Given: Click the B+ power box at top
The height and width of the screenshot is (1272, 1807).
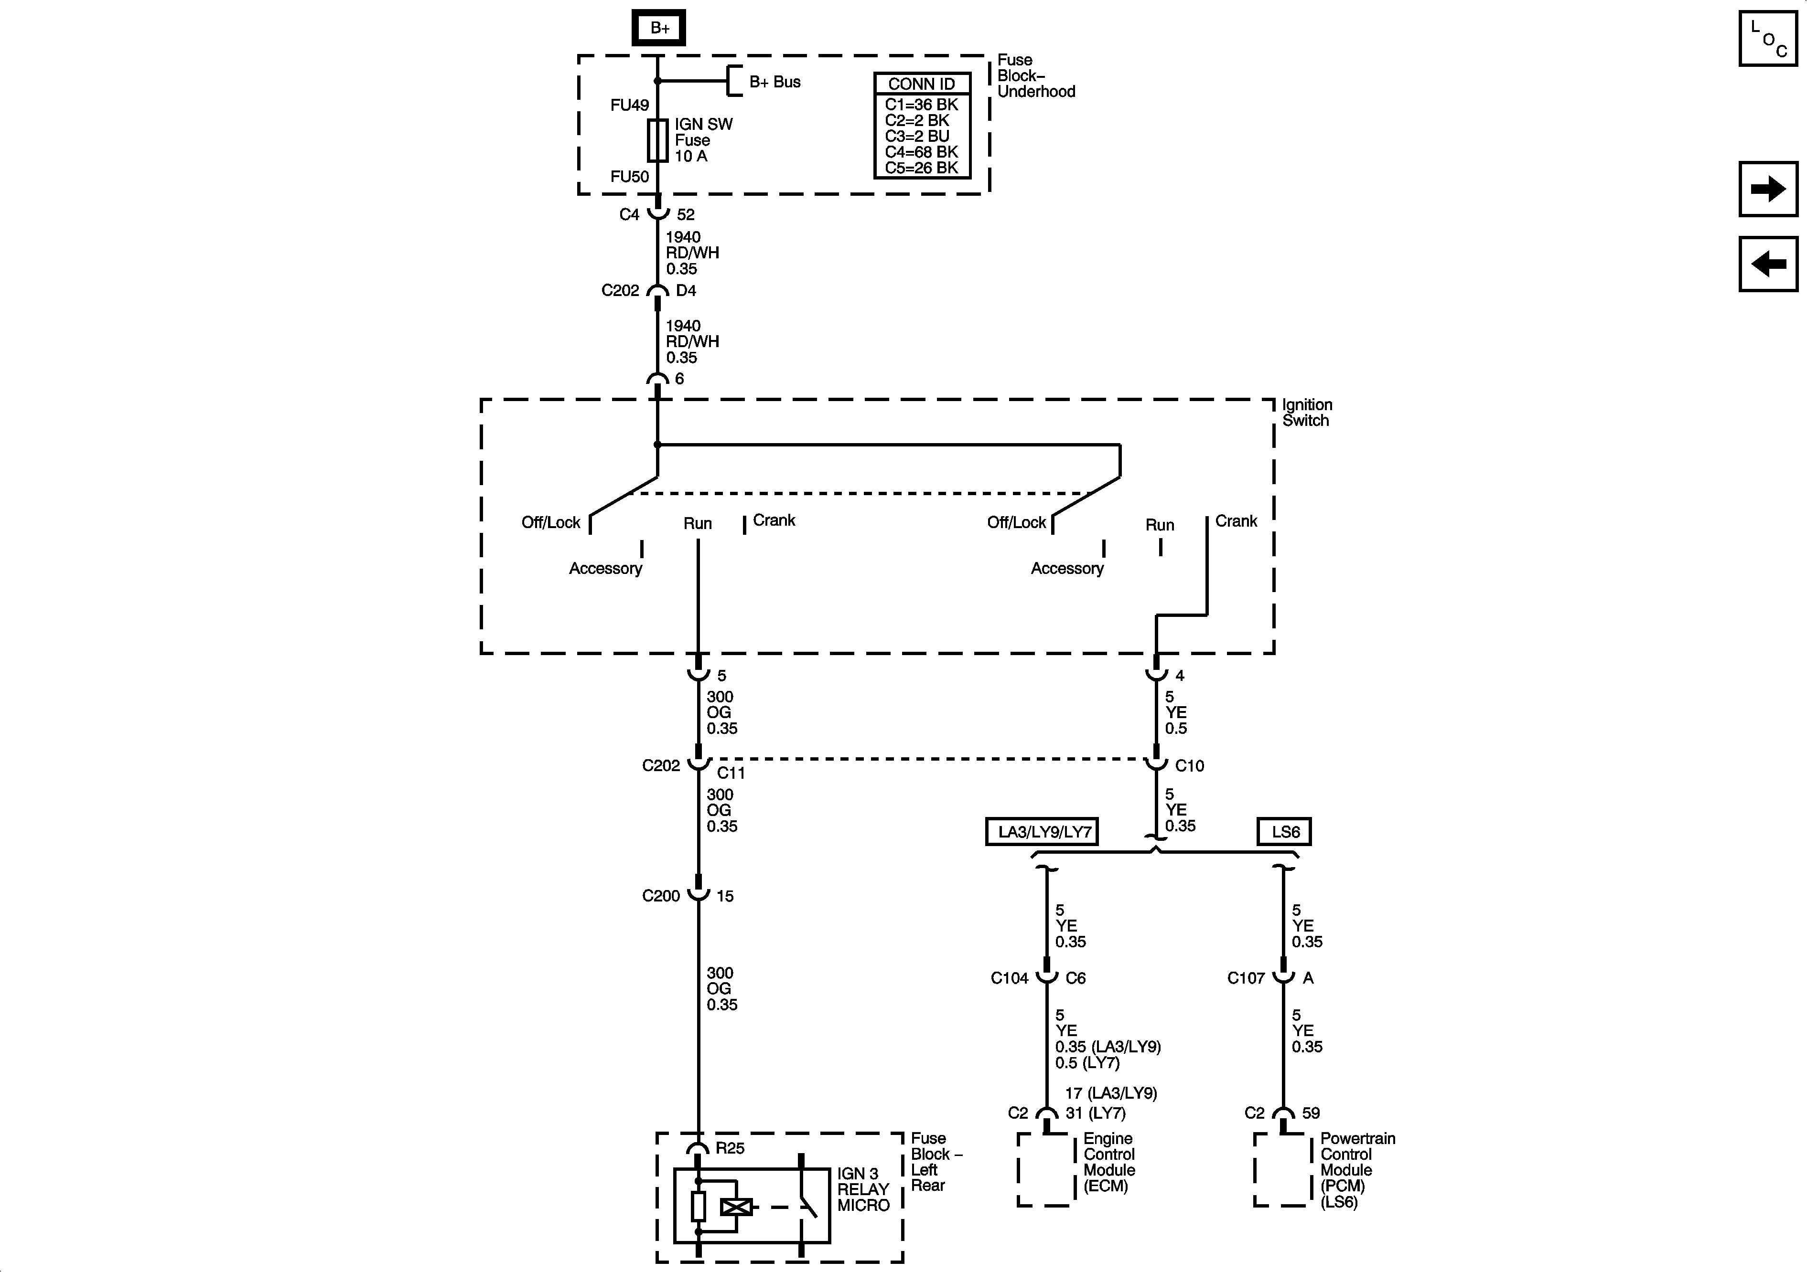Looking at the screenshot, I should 659,28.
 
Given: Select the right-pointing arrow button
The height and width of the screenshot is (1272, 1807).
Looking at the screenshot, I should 1768,189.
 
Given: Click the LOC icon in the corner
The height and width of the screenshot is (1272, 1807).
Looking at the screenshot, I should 1768,39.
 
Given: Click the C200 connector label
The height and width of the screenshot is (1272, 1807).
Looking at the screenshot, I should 660,896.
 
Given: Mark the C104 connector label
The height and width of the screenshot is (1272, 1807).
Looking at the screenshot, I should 1009,978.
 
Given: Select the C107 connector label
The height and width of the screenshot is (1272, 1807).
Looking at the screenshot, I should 1246,978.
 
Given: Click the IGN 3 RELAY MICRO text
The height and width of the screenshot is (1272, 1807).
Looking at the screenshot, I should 862,1189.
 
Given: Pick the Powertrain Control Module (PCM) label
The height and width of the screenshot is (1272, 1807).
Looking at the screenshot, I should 1357,1170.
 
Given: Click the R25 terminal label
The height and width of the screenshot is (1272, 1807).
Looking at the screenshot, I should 730,1148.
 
